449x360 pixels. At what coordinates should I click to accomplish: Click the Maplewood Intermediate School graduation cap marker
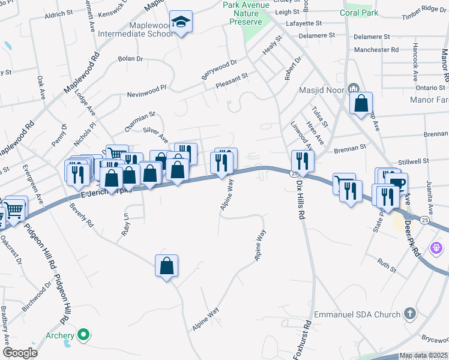point(180,23)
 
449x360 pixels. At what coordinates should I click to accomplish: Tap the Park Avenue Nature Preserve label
point(247,13)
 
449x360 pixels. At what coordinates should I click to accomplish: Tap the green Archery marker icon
point(84,335)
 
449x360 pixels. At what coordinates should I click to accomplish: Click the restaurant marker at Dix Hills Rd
point(301,161)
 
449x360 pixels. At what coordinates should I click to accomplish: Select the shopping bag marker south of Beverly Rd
point(166,266)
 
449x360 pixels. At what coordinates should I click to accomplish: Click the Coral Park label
point(358,13)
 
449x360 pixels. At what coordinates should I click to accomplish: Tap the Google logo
point(19,353)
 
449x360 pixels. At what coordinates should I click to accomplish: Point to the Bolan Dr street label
point(131,59)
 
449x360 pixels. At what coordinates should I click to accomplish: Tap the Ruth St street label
point(387,265)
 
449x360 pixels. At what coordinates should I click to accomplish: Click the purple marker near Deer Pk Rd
point(436,247)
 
